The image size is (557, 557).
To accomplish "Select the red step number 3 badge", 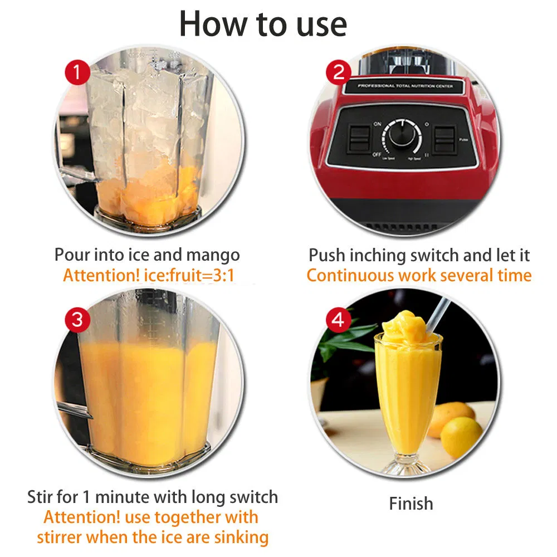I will (78, 320).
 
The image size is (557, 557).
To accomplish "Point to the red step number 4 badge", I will (339, 320).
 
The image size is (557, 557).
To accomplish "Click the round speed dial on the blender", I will (401, 134).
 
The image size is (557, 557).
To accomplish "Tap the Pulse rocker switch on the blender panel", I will (445, 139).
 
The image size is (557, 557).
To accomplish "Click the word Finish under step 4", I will (411, 504).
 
